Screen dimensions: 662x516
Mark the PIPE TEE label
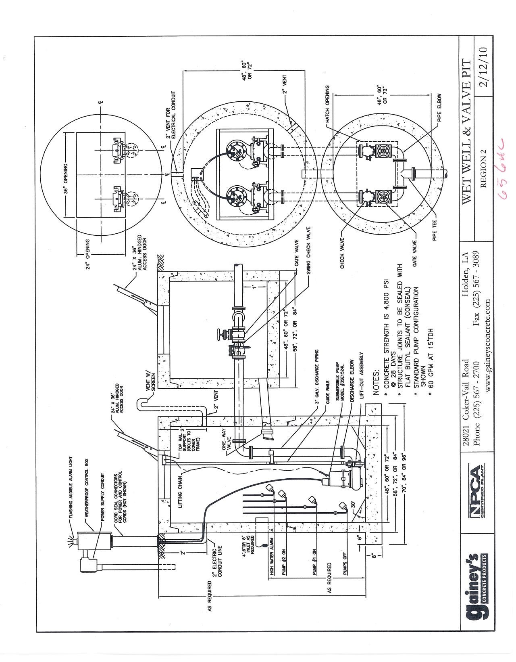point(435,230)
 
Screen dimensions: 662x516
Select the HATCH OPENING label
point(327,101)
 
